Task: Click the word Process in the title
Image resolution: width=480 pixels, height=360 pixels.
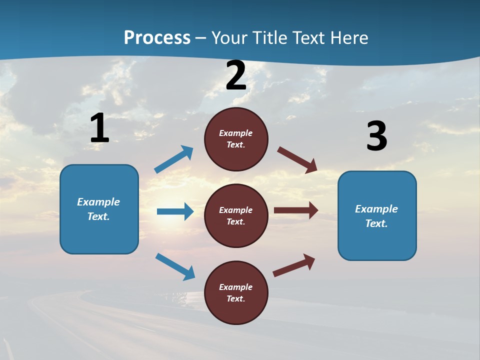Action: [x=157, y=38]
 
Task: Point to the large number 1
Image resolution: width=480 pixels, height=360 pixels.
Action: [x=99, y=128]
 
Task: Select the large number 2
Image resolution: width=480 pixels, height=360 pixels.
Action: [x=236, y=76]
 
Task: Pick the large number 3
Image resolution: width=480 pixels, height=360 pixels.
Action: [x=376, y=136]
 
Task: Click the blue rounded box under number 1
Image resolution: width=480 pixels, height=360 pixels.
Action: [x=99, y=209]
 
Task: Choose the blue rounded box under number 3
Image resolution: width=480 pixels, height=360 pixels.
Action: [x=377, y=215]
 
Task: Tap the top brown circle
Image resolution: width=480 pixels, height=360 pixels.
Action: [x=236, y=139]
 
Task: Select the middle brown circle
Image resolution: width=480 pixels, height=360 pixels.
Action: [x=236, y=215]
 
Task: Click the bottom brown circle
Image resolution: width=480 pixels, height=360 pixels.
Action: [x=236, y=292]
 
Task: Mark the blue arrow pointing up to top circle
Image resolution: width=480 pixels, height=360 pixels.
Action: [x=174, y=159]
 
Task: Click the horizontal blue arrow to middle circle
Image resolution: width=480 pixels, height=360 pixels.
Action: [x=175, y=211]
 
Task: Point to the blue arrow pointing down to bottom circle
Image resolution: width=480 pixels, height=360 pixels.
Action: [x=175, y=266]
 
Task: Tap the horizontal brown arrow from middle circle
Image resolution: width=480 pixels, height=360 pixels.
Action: [x=296, y=210]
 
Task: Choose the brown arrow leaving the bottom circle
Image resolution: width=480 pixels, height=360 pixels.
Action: [x=294, y=265]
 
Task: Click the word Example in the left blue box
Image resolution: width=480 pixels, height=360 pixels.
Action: [x=98, y=202]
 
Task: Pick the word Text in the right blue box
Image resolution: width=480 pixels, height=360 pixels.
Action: [x=376, y=223]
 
